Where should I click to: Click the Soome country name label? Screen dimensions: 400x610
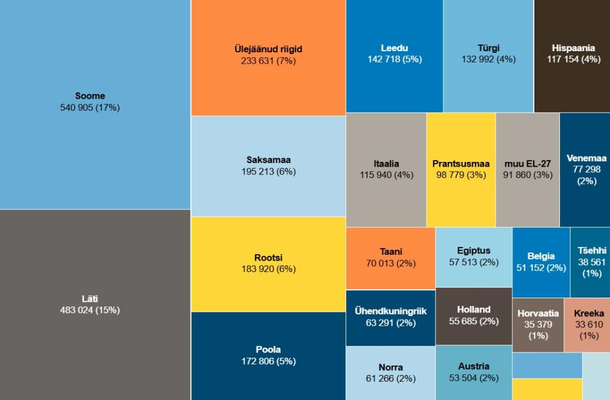(x=90, y=96)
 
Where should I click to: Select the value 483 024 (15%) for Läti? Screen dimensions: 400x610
(x=90, y=310)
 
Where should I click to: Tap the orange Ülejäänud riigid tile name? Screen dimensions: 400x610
(x=268, y=49)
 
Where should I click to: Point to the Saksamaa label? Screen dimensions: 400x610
(x=269, y=160)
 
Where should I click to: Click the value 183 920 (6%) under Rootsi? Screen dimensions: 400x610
(x=268, y=269)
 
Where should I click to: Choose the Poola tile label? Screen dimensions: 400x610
(x=268, y=349)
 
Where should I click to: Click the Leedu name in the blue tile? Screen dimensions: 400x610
(x=394, y=48)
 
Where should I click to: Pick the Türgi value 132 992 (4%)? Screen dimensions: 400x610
(x=488, y=60)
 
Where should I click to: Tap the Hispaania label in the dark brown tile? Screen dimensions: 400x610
(x=573, y=48)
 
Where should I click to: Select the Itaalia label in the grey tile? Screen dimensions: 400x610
(x=386, y=164)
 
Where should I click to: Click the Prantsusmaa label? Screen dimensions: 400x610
(x=460, y=164)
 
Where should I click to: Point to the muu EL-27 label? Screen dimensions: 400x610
(x=527, y=164)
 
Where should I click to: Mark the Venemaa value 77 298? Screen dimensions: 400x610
(x=587, y=170)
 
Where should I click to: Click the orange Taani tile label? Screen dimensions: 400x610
(x=391, y=252)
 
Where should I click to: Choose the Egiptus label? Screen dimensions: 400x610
(x=474, y=251)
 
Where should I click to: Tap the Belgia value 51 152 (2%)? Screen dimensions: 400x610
(x=541, y=268)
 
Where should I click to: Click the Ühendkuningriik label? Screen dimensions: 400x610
(x=391, y=311)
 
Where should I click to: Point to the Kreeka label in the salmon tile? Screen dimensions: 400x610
(x=589, y=314)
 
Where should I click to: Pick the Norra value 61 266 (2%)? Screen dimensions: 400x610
(x=391, y=379)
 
